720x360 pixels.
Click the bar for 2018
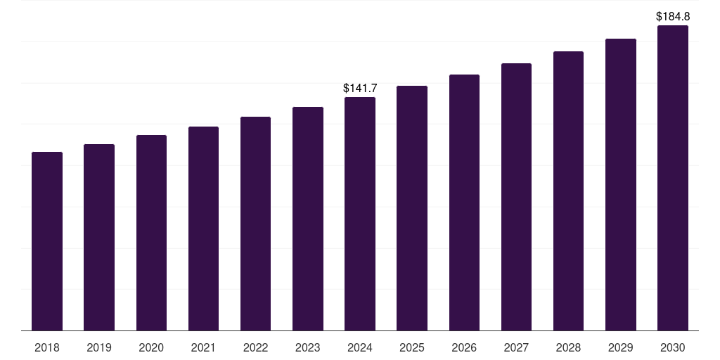pyautogui.click(x=47, y=241)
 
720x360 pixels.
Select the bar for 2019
pyautogui.click(x=99, y=238)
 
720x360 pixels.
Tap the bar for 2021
pyautogui.click(x=203, y=229)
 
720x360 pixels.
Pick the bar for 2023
pyautogui.click(x=308, y=219)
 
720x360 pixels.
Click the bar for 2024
pyautogui.click(x=360, y=214)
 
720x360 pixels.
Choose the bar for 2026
pyautogui.click(x=464, y=202)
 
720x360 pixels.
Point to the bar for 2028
pyautogui.click(x=568, y=191)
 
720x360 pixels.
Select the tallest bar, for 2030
pyautogui.click(x=673, y=178)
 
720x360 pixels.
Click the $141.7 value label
pyautogui.click(x=360, y=88)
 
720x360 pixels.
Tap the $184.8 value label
pyautogui.click(x=673, y=15)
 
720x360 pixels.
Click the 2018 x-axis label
pyautogui.click(x=47, y=347)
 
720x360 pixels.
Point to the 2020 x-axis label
pyautogui.click(x=151, y=347)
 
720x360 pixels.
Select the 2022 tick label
pyautogui.click(x=255, y=347)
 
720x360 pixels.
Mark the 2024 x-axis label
pyautogui.click(x=360, y=347)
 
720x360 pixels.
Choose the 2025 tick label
pyautogui.click(x=412, y=347)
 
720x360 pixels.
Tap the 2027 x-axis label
pyautogui.click(x=516, y=347)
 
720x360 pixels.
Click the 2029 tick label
pyautogui.click(x=620, y=347)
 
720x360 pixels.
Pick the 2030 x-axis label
pyautogui.click(x=673, y=347)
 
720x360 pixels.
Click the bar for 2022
pyautogui.click(x=255, y=224)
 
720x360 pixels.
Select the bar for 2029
pyautogui.click(x=620, y=185)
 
